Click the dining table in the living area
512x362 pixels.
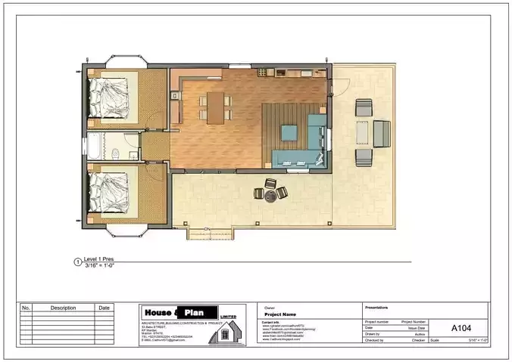point(217,106)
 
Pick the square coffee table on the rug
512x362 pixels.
point(290,132)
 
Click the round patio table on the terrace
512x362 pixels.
point(270,193)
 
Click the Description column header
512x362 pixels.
point(64,308)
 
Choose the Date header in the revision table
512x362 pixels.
point(104,308)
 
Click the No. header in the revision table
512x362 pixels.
point(26,308)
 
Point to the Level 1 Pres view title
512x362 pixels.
point(98,259)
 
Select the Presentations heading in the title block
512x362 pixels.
point(377,308)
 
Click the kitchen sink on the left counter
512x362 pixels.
point(174,96)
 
